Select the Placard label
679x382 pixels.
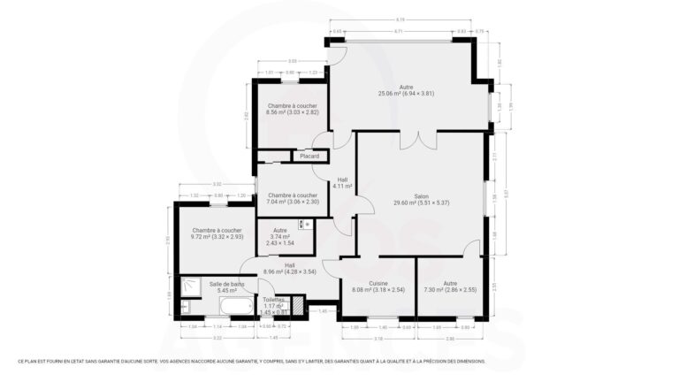(309, 157)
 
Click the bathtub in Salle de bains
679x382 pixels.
(236, 307)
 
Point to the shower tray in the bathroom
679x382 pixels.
(188, 286)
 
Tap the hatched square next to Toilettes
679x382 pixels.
(298, 306)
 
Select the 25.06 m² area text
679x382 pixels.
(406, 93)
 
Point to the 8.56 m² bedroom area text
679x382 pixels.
(292, 112)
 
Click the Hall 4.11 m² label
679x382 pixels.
(342, 182)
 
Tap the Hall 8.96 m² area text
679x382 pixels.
(291, 271)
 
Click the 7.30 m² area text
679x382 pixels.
(450, 289)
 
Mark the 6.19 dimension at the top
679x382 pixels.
(400, 19)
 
